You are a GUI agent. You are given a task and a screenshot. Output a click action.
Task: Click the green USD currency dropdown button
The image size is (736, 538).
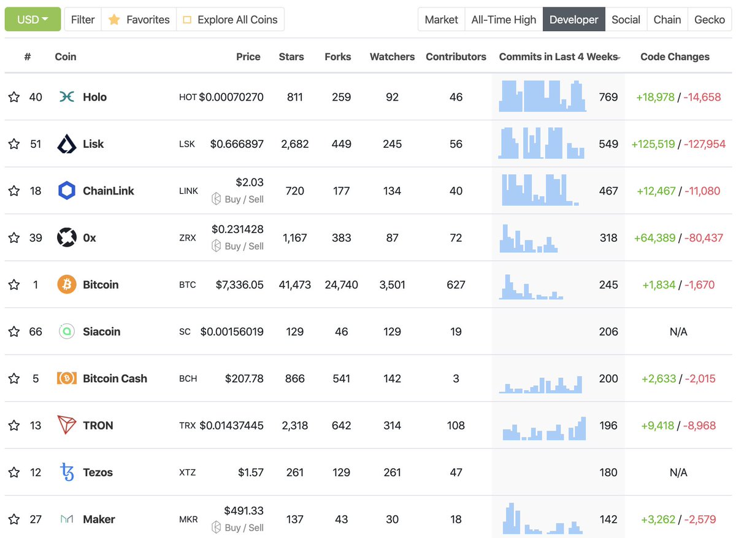coord(33,20)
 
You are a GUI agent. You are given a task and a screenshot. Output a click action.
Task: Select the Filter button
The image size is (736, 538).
coord(83,20)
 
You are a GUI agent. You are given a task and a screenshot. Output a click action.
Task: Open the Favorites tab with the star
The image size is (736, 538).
coord(139,20)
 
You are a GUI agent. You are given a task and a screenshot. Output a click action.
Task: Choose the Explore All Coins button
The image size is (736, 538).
coord(231,20)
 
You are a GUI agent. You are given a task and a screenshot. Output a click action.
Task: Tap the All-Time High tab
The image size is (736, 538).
coord(503,20)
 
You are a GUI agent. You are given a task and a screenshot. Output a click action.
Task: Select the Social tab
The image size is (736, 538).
coord(626,20)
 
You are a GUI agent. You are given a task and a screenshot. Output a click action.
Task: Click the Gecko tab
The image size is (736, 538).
coord(709,20)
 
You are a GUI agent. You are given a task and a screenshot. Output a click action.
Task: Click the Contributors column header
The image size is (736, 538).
coord(456,56)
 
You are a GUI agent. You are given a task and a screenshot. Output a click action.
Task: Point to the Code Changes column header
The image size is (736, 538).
coord(675,56)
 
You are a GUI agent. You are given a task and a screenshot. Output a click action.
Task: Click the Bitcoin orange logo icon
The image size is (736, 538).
coord(66,285)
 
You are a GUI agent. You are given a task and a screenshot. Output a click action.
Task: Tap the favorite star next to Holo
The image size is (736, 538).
coord(14,97)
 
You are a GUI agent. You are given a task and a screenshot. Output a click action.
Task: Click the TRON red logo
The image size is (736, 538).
coord(66,425)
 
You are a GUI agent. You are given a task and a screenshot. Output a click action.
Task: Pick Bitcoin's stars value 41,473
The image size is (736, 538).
coord(294,285)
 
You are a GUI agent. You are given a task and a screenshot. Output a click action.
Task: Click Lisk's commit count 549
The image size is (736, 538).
coord(608,144)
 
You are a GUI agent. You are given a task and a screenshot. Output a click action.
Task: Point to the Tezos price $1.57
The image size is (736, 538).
coord(251,472)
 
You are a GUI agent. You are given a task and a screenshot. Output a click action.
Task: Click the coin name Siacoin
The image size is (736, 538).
coord(101,332)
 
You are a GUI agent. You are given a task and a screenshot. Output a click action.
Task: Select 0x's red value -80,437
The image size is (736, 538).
coord(703,238)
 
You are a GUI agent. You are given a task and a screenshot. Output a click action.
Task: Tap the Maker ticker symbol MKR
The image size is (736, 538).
coord(188,520)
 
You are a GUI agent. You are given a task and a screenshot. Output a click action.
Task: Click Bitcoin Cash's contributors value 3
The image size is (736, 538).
coord(456,379)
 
